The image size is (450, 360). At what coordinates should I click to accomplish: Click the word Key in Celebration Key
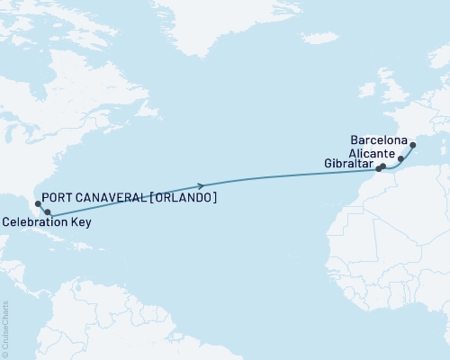pyautogui.click(x=80, y=220)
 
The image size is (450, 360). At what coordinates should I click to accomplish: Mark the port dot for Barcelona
pyautogui.click(x=412, y=145)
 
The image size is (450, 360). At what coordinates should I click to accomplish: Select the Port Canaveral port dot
pyautogui.click(x=38, y=203)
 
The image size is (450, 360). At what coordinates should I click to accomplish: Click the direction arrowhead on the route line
pyautogui.click(x=204, y=185)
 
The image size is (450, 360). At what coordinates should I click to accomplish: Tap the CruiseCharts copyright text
pyautogui.click(x=4, y=329)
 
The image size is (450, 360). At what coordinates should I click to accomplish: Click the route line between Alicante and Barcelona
pyautogui.click(x=408, y=152)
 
